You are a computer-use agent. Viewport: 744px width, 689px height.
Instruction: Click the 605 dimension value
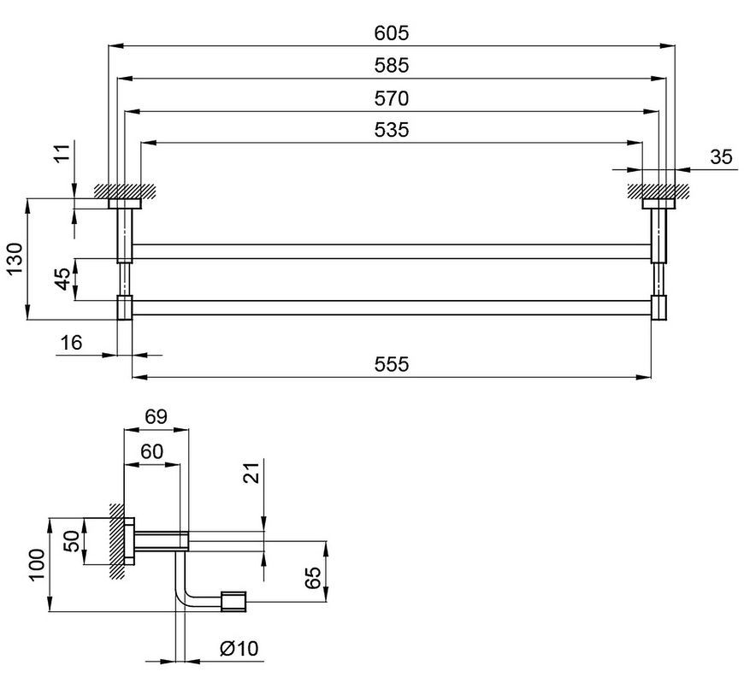(391, 33)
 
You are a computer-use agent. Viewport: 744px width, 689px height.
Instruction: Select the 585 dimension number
(391, 66)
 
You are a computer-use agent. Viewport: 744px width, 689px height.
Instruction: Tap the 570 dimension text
(391, 98)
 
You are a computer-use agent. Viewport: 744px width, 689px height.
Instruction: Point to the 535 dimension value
(391, 129)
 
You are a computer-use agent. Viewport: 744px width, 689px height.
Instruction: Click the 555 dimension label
(391, 364)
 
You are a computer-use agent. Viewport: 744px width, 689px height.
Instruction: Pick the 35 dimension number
(721, 156)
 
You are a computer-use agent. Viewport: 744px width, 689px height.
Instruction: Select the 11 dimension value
(62, 153)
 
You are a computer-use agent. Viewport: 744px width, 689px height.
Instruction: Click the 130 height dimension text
(15, 258)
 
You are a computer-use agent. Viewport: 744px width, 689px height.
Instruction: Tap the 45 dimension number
(62, 279)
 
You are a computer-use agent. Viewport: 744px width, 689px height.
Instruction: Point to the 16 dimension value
(71, 342)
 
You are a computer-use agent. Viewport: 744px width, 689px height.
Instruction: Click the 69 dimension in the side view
(156, 416)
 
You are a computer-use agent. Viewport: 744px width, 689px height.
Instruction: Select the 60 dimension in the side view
(152, 451)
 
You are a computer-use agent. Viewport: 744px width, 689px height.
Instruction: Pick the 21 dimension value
(252, 472)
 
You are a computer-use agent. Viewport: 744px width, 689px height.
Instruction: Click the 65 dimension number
(313, 577)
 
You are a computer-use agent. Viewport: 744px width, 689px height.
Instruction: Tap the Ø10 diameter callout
(239, 648)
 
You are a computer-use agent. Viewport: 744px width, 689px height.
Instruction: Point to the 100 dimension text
(37, 564)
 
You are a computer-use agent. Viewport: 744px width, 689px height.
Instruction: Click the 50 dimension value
(72, 541)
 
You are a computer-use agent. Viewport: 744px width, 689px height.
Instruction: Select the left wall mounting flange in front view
(125, 203)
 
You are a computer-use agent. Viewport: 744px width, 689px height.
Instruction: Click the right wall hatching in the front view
(658, 191)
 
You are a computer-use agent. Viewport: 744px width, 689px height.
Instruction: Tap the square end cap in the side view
(233, 601)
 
